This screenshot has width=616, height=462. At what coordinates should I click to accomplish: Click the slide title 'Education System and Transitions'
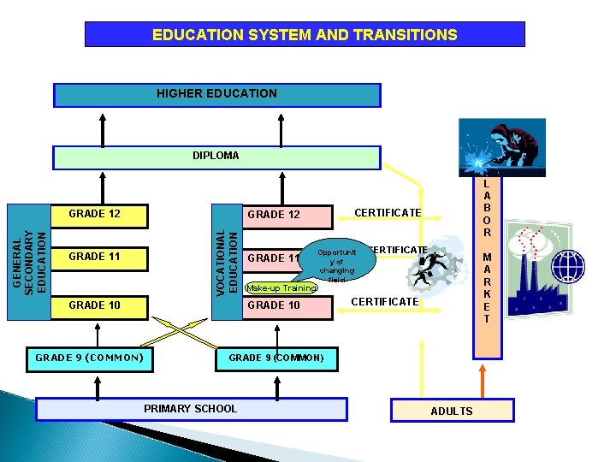pos(305,35)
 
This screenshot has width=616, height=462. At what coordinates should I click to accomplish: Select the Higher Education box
pos(216,94)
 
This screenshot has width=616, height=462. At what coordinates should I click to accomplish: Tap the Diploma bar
pos(216,157)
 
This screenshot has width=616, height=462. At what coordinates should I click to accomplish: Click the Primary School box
pos(192,409)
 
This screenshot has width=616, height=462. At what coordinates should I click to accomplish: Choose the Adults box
pos(452,411)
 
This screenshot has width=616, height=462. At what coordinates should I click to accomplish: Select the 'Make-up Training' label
pos(281,288)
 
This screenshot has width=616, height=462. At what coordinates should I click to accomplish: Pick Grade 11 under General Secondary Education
pos(94,257)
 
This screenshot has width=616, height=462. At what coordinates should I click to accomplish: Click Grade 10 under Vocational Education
pos(274,305)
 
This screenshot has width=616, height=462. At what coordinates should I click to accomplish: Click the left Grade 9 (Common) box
pos(89,358)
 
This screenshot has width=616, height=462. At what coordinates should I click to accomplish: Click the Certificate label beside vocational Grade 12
pos(388,212)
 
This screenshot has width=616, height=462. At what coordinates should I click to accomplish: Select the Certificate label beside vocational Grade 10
pos(385,302)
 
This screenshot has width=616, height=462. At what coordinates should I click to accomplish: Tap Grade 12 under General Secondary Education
pos(94,214)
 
